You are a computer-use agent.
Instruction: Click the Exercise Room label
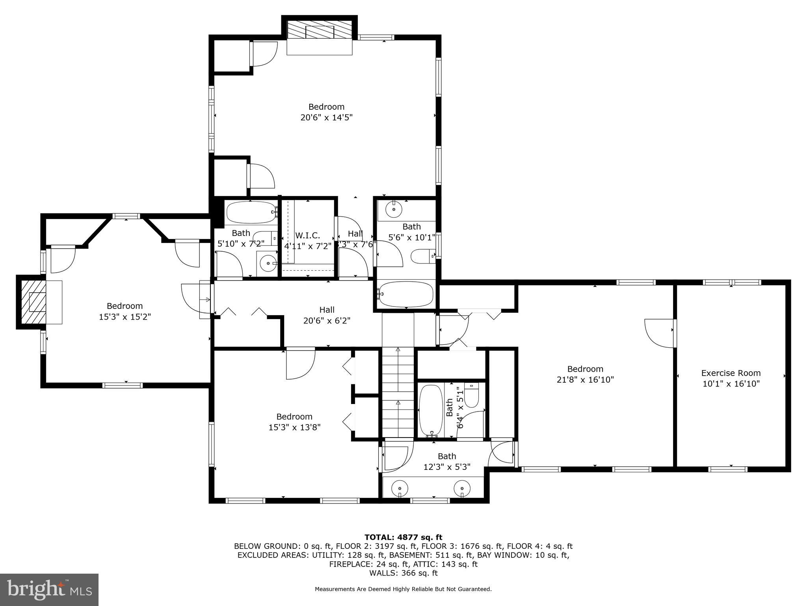tap(731, 373)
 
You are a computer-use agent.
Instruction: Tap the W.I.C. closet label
tap(307, 236)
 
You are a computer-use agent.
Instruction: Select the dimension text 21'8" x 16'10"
tap(585, 380)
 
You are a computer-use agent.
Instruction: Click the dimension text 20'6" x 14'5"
tap(326, 118)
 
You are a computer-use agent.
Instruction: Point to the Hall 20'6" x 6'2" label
tap(327, 315)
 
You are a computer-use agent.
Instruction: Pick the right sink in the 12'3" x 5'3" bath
tap(462, 488)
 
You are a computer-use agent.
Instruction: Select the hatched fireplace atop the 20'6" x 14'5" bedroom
tap(319, 30)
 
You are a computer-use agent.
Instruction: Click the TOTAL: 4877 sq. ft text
tap(403, 537)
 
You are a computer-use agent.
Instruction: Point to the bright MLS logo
tap(49, 590)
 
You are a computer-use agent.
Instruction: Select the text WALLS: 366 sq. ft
tap(403, 573)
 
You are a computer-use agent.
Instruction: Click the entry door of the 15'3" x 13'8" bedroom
tap(300, 363)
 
